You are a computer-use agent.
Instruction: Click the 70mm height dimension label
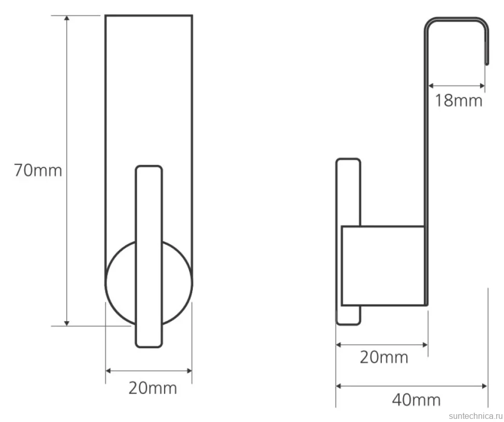click(x=38, y=170)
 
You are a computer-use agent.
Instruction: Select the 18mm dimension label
click(x=459, y=100)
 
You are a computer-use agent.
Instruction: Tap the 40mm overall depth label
click(x=416, y=400)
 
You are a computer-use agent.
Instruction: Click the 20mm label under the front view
click(x=153, y=388)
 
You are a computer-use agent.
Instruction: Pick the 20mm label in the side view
click(x=384, y=357)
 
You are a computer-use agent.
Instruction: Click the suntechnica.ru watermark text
click(x=476, y=416)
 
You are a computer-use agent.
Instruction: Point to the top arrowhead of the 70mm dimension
click(x=67, y=18)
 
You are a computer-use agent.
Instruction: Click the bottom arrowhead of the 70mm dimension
click(x=67, y=323)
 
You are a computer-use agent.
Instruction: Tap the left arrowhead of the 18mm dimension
click(x=431, y=86)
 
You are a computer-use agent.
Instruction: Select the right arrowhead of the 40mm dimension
click(x=485, y=386)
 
